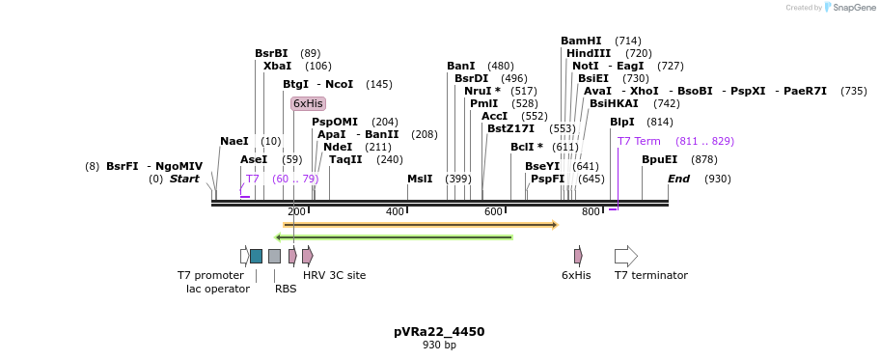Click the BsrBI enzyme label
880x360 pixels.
coord(271,53)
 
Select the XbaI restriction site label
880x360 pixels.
coord(277,66)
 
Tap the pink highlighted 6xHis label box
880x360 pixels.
coord(308,103)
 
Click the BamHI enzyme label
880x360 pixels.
coord(581,41)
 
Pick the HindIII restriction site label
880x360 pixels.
coord(589,53)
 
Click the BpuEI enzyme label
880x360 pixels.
coord(659,159)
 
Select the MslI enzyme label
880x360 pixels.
coord(420,179)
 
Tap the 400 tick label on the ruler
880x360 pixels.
coord(395,211)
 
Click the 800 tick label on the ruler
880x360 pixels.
coord(591,211)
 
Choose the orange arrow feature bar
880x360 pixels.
coord(421,225)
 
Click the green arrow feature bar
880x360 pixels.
coord(394,236)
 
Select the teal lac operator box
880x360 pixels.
coord(256,256)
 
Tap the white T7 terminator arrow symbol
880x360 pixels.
coord(625,256)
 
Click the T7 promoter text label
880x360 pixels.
coord(210,275)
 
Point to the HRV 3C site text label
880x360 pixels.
coord(334,275)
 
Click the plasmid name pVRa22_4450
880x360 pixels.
coord(439,331)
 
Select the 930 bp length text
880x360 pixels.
coord(439,345)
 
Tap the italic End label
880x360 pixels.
coord(678,179)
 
